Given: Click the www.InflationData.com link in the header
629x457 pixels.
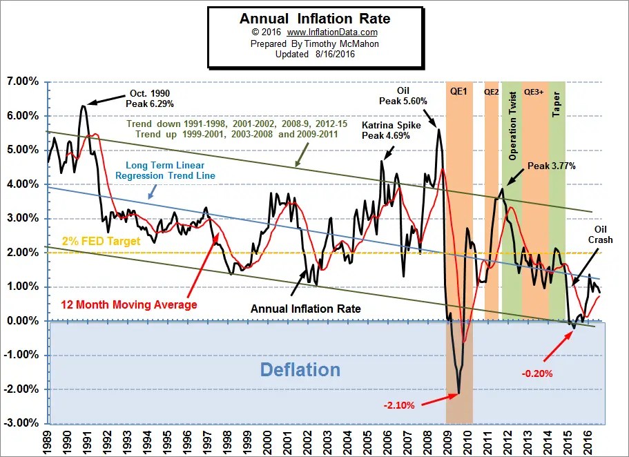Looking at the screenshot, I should pos(334,32).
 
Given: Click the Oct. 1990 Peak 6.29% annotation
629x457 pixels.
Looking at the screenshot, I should pos(151,98).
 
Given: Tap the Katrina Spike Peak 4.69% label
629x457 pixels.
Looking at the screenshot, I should pos(385,130).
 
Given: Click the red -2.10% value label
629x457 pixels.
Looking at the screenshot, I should pos(398,405).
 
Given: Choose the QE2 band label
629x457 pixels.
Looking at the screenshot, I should pos(491,90).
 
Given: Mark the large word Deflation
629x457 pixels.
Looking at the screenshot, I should pos(300,370).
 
